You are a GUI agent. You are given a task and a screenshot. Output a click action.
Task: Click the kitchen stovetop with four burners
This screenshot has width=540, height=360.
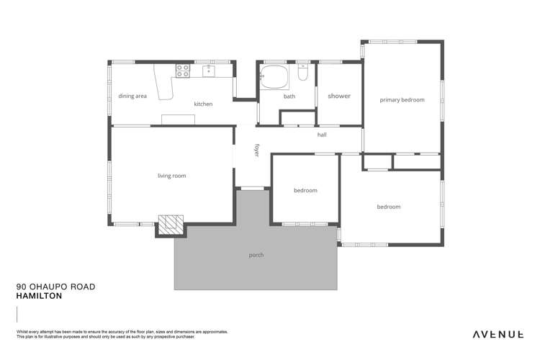(183, 71)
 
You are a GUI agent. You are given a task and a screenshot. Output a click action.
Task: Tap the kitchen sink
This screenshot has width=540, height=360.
(208, 71)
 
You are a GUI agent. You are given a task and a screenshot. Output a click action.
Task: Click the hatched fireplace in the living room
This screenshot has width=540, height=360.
(171, 225)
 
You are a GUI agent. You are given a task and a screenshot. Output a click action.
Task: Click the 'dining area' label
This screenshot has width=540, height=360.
(132, 96)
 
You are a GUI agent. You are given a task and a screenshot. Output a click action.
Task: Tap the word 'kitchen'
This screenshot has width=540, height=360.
(203, 104)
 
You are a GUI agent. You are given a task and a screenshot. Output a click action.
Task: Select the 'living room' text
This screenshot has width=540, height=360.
(172, 176)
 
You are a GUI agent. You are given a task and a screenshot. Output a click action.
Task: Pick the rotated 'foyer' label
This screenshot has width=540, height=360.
(256, 150)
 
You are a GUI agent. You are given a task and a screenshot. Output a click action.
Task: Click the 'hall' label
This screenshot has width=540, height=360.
(323, 135)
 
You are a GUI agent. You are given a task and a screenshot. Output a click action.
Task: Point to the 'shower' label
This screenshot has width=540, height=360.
(339, 96)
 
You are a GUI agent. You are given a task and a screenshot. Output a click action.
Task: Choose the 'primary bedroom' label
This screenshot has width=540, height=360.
(402, 100)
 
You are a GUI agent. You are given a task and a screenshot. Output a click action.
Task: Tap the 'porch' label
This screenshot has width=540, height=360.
(256, 255)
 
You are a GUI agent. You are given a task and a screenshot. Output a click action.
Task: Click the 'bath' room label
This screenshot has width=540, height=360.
(289, 96)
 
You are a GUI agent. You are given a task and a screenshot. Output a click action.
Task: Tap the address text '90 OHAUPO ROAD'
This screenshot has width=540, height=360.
(55, 287)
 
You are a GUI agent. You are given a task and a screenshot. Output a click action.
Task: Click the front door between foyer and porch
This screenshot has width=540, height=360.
(252, 189)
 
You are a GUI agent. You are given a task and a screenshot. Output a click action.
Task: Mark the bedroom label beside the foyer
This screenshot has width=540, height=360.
(305, 191)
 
